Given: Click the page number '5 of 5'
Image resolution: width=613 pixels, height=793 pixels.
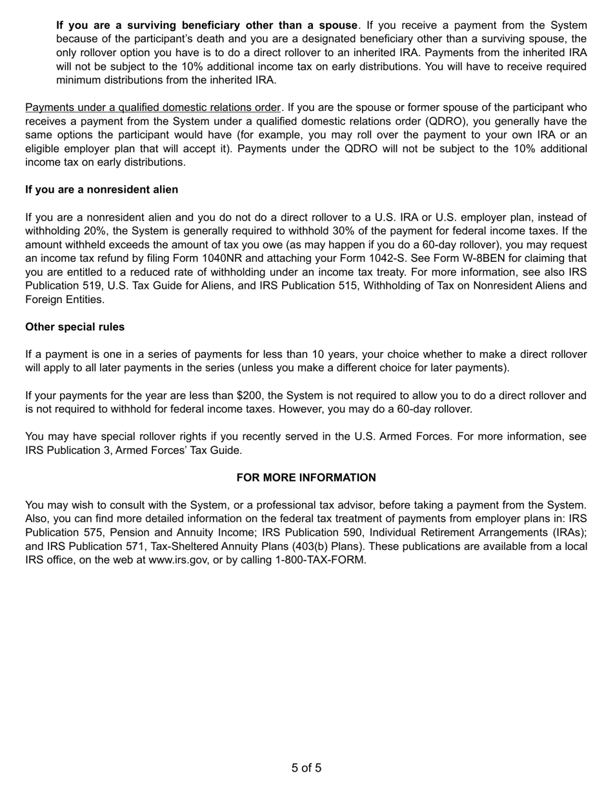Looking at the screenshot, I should [306, 768].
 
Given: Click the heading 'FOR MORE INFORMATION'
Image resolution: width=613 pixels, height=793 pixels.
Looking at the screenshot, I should [306, 478].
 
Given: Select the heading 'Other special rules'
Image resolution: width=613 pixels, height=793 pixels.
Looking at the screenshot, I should [75, 327].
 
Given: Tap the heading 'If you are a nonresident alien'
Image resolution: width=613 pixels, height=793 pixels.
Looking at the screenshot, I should [101, 190].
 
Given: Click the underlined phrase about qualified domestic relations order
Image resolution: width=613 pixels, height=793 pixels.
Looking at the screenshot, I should [153, 108].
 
